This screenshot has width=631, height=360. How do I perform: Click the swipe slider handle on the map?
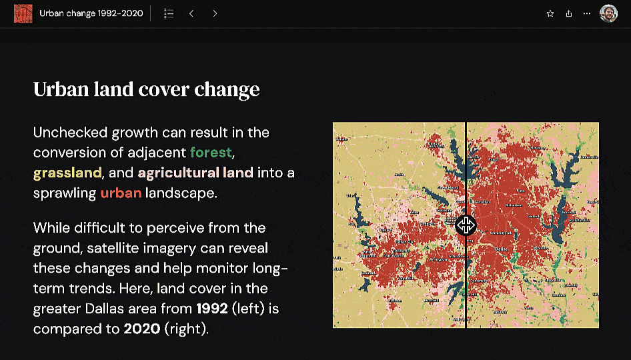point(466,225)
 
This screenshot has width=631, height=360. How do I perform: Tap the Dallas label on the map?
point(501,248)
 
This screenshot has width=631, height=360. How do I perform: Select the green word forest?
point(211,152)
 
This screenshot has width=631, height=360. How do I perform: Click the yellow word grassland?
point(67,173)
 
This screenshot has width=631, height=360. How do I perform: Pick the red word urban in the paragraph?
point(121,193)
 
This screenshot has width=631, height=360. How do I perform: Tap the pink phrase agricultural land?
point(195,173)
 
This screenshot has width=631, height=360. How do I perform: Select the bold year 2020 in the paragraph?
point(141,329)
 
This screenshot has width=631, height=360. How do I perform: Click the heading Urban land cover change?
point(146,89)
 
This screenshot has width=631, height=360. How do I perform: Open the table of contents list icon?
point(169,13)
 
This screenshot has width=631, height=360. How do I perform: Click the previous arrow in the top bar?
point(191,13)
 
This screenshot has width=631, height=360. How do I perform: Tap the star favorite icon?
point(550,13)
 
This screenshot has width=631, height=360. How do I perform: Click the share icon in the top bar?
point(569,13)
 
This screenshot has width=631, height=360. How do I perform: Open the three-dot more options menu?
point(587,13)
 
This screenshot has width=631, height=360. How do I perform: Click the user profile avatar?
point(608,13)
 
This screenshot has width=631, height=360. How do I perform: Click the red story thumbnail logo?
point(23,13)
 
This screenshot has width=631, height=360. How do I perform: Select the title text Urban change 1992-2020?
point(91,13)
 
